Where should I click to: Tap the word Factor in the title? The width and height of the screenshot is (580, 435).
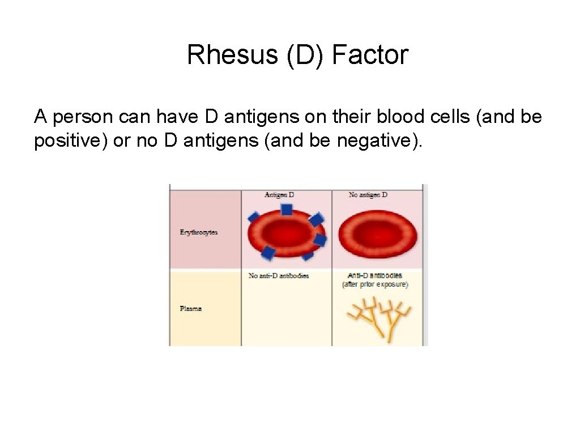click(370, 56)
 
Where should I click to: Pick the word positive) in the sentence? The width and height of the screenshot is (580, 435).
click(71, 139)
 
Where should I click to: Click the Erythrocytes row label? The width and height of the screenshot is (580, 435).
click(198, 232)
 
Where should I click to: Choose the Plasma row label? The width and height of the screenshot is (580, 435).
click(191, 309)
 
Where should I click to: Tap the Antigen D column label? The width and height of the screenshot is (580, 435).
click(279, 195)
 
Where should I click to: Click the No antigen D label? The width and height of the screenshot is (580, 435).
click(368, 195)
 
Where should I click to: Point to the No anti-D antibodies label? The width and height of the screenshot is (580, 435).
click(279, 276)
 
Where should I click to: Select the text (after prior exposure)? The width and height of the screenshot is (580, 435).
click(375, 284)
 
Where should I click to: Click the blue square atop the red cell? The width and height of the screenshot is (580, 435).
click(286, 210)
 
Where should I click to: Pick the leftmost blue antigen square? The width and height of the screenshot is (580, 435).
click(253, 217)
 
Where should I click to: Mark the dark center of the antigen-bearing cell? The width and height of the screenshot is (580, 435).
click(285, 231)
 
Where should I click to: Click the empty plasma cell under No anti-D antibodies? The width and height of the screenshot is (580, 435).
click(286, 314)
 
